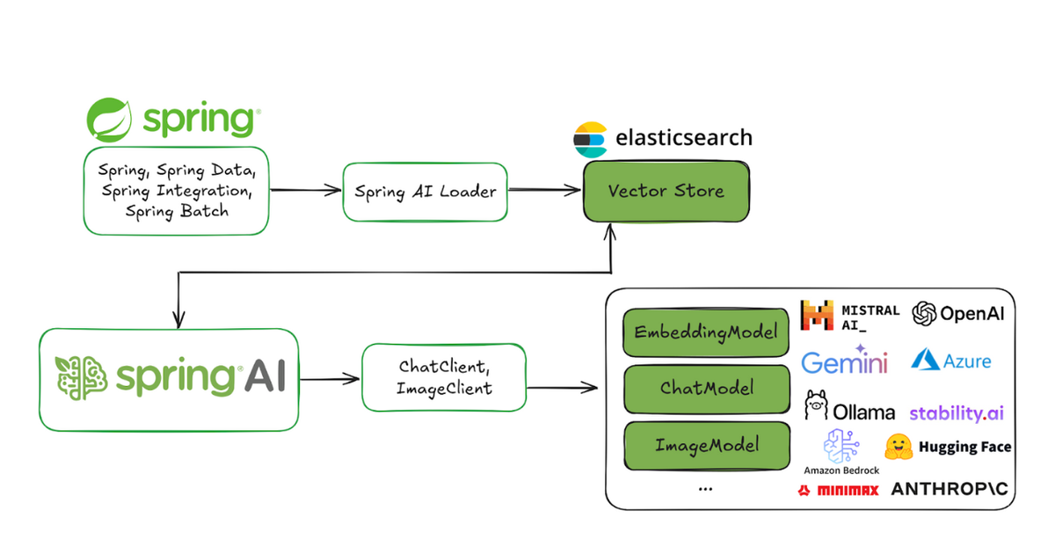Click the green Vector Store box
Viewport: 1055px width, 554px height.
click(666, 192)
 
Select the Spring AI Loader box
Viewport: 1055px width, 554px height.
click(426, 192)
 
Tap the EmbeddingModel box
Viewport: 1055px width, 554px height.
click(706, 332)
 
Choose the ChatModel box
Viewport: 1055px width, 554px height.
click(707, 389)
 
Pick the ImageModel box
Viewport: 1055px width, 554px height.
click(707, 445)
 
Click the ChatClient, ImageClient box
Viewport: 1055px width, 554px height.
click(444, 377)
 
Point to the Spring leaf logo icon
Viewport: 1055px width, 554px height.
click(109, 120)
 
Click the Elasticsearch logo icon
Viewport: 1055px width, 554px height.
click(590, 140)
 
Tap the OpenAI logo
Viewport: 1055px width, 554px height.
click(958, 314)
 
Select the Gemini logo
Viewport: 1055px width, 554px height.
click(844, 361)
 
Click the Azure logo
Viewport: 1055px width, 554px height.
click(951, 361)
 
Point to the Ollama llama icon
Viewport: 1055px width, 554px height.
click(816, 405)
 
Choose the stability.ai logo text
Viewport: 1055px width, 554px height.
click(957, 413)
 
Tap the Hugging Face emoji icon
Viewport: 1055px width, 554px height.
click(899, 447)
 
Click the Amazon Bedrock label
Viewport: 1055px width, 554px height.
click(841, 470)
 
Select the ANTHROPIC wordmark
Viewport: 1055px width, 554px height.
click(949, 489)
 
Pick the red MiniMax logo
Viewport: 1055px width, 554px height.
click(838, 491)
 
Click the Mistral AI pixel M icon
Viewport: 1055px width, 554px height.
click(817, 315)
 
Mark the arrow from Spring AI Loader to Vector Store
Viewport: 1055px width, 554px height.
click(544, 190)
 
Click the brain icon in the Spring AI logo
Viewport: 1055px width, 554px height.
click(81, 378)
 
